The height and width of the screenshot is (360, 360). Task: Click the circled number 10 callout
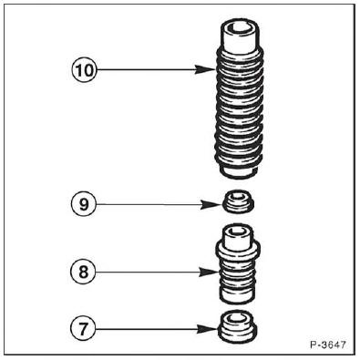point(84,70)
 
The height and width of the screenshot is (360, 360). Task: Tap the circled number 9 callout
point(84,204)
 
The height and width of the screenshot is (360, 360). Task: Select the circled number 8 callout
point(83,272)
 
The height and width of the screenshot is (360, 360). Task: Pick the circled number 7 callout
point(83,328)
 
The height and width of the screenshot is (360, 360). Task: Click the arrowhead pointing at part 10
point(206,69)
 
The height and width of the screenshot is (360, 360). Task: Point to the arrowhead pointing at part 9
point(212,205)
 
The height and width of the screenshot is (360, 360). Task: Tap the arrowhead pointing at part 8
point(209,272)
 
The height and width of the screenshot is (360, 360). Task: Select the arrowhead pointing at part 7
point(208,329)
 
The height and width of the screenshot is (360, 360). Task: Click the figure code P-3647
point(328,345)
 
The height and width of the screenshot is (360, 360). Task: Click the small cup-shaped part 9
point(239,201)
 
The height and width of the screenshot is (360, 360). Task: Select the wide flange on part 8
point(238,248)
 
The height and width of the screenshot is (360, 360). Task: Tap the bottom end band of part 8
point(238,295)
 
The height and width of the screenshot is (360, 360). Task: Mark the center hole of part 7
point(238,318)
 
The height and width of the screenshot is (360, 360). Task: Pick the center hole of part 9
point(239,197)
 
